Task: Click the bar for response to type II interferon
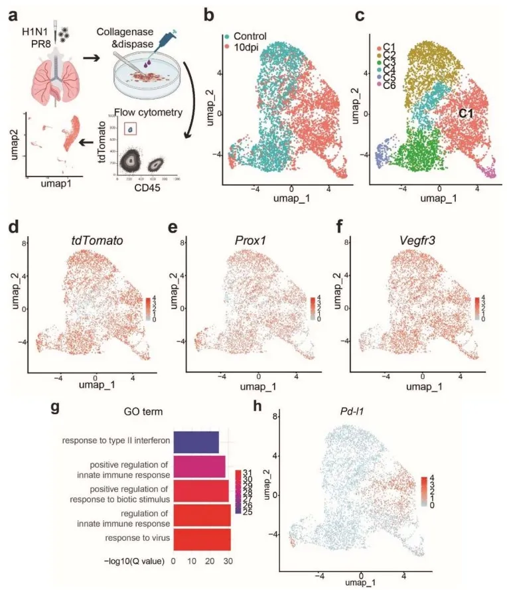pyautogui.click(x=196, y=441)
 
